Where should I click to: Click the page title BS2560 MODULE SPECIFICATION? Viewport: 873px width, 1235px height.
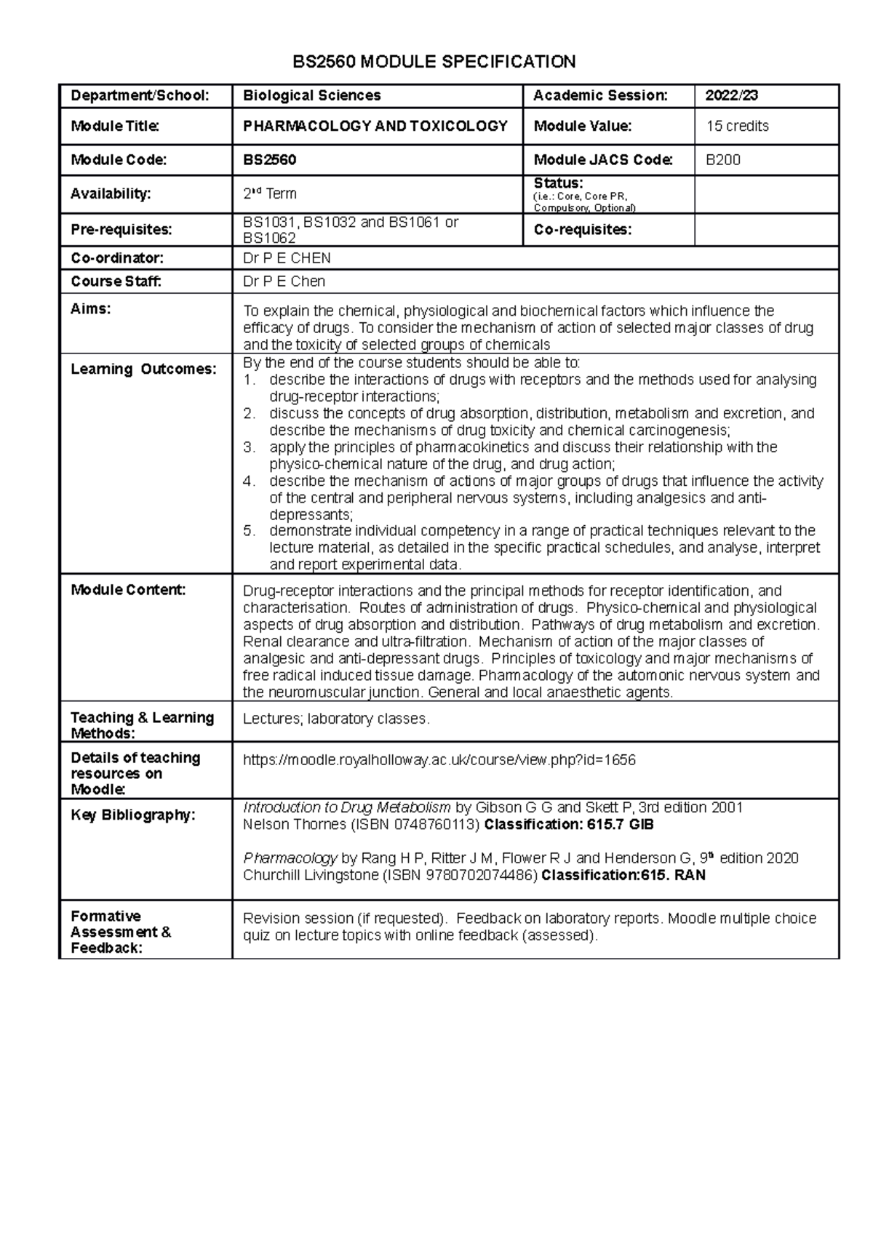click(434, 62)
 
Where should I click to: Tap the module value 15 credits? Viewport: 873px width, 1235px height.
click(737, 127)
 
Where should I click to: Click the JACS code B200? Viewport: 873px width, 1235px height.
click(723, 160)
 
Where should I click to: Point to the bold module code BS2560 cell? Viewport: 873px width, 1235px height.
click(269, 160)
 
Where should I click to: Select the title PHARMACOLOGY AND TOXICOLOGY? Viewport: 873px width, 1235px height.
click(375, 127)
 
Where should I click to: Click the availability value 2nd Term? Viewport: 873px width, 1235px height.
click(269, 193)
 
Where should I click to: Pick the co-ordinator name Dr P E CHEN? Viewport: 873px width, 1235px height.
click(287, 258)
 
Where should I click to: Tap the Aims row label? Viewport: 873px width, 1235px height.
click(91, 309)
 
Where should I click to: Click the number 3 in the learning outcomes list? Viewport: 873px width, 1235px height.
click(249, 447)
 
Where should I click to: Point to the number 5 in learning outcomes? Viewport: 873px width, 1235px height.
click(249, 531)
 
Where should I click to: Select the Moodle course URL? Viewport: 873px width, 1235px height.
click(439, 760)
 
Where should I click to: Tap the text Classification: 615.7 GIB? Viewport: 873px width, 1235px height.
click(569, 825)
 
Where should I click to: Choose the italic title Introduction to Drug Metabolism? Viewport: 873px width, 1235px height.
click(346, 807)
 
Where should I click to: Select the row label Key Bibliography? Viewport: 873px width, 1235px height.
click(133, 815)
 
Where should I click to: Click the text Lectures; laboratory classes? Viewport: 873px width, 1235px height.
click(336, 719)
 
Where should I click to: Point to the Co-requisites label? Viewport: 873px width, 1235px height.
click(582, 230)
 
